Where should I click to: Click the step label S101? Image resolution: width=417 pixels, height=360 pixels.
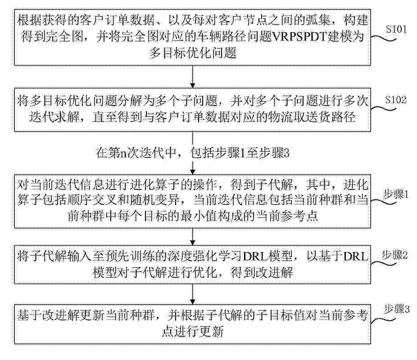[396, 29]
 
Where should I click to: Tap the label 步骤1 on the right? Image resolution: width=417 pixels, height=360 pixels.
[396, 195]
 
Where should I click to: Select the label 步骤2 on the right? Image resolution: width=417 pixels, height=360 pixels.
[394, 255]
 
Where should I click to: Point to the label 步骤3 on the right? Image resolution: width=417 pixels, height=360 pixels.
[397, 309]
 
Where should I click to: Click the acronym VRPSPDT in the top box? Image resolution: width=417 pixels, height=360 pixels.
[299, 36]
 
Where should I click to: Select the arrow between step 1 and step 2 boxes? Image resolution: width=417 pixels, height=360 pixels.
[193, 236]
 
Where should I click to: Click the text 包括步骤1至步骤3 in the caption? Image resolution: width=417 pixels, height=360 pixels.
[240, 153]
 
